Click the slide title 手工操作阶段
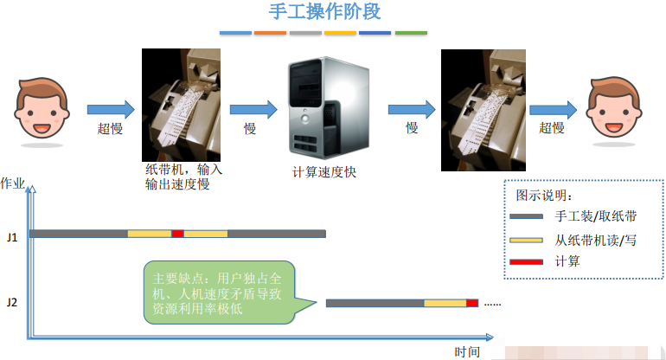coord(325,11)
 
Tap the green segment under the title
coord(411,33)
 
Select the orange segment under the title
coord(270,33)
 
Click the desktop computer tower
coord(329,108)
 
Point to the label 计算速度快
coord(324,171)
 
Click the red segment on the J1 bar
coord(177,234)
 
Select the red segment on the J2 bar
coord(472,303)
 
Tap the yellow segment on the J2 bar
coord(445,303)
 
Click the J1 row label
coord(12,237)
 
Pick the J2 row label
coord(12,303)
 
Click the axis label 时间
coord(467,352)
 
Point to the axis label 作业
coord(13,183)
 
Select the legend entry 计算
coord(567,261)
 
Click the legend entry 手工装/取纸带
coord(595,216)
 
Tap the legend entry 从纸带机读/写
coord(595,241)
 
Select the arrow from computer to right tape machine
coord(412,110)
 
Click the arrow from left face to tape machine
coord(111,110)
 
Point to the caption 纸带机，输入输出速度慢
coord(183,177)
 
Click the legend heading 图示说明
coord(544,196)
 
